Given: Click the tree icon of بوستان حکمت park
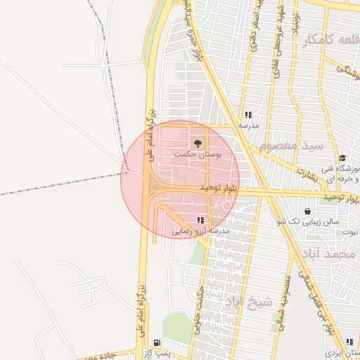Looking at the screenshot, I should pos(195,143).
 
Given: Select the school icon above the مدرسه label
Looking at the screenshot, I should pos(247,115).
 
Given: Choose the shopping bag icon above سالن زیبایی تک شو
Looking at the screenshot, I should pos(308,211).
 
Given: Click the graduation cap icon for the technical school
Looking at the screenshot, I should pos(342,158).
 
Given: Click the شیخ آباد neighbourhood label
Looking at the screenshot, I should pos(247,302).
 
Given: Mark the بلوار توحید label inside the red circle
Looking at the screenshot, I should pos(219,188).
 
